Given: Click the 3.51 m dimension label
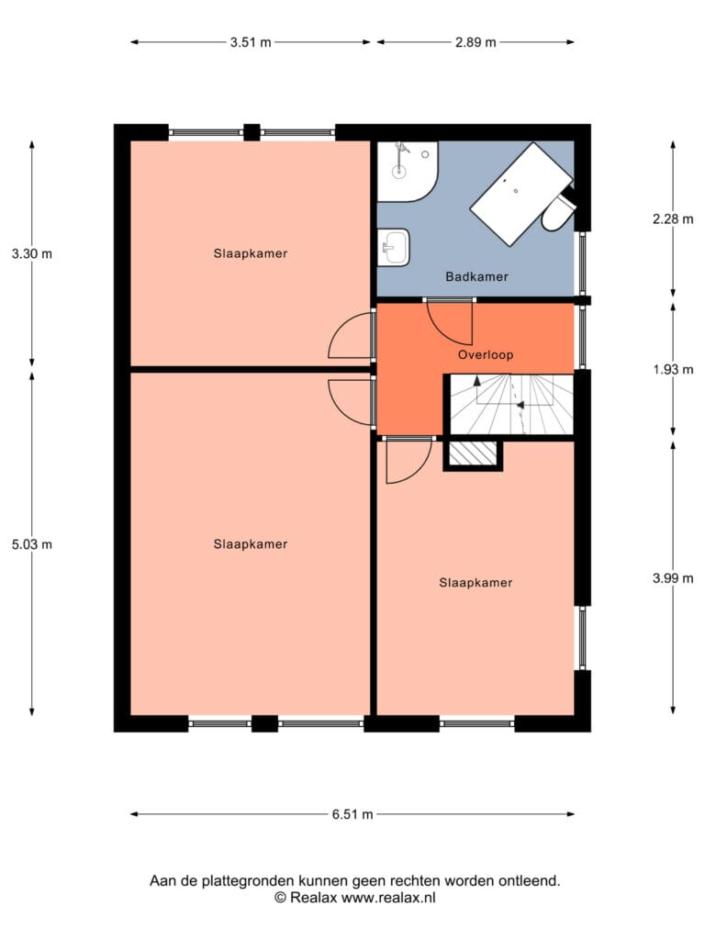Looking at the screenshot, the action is [x=251, y=42].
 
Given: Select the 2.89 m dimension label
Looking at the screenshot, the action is [x=476, y=42].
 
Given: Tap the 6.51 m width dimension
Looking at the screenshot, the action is [x=352, y=814].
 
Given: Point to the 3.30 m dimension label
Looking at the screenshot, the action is [x=32, y=253].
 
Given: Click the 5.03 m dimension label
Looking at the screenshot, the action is [x=32, y=544].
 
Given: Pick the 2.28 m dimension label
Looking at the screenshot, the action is [x=673, y=218].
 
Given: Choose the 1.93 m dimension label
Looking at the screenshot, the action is [x=673, y=369].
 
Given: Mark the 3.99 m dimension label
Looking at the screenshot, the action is [x=673, y=578].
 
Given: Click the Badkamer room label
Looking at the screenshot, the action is [x=476, y=276].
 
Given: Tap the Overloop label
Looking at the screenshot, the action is [x=486, y=354].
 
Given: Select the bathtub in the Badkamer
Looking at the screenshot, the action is [x=520, y=193].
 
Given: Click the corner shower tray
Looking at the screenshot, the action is [x=407, y=171].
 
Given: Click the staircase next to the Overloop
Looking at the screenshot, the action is [x=509, y=405].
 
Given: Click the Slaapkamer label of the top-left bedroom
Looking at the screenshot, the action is [x=251, y=253].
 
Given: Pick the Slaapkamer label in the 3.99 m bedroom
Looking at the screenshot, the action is [x=476, y=582].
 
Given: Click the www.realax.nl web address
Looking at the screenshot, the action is [x=389, y=898].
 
